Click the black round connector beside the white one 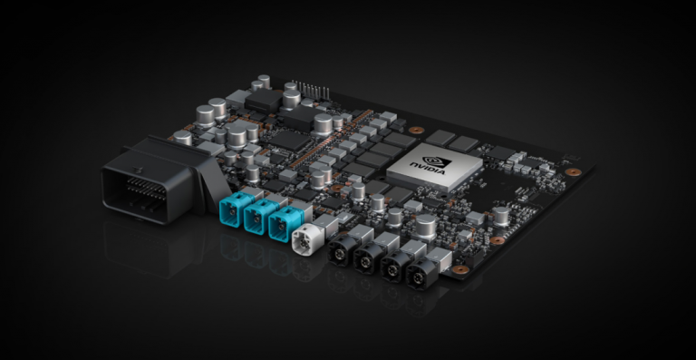tap(341, 250)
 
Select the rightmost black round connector tap(420, 274)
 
